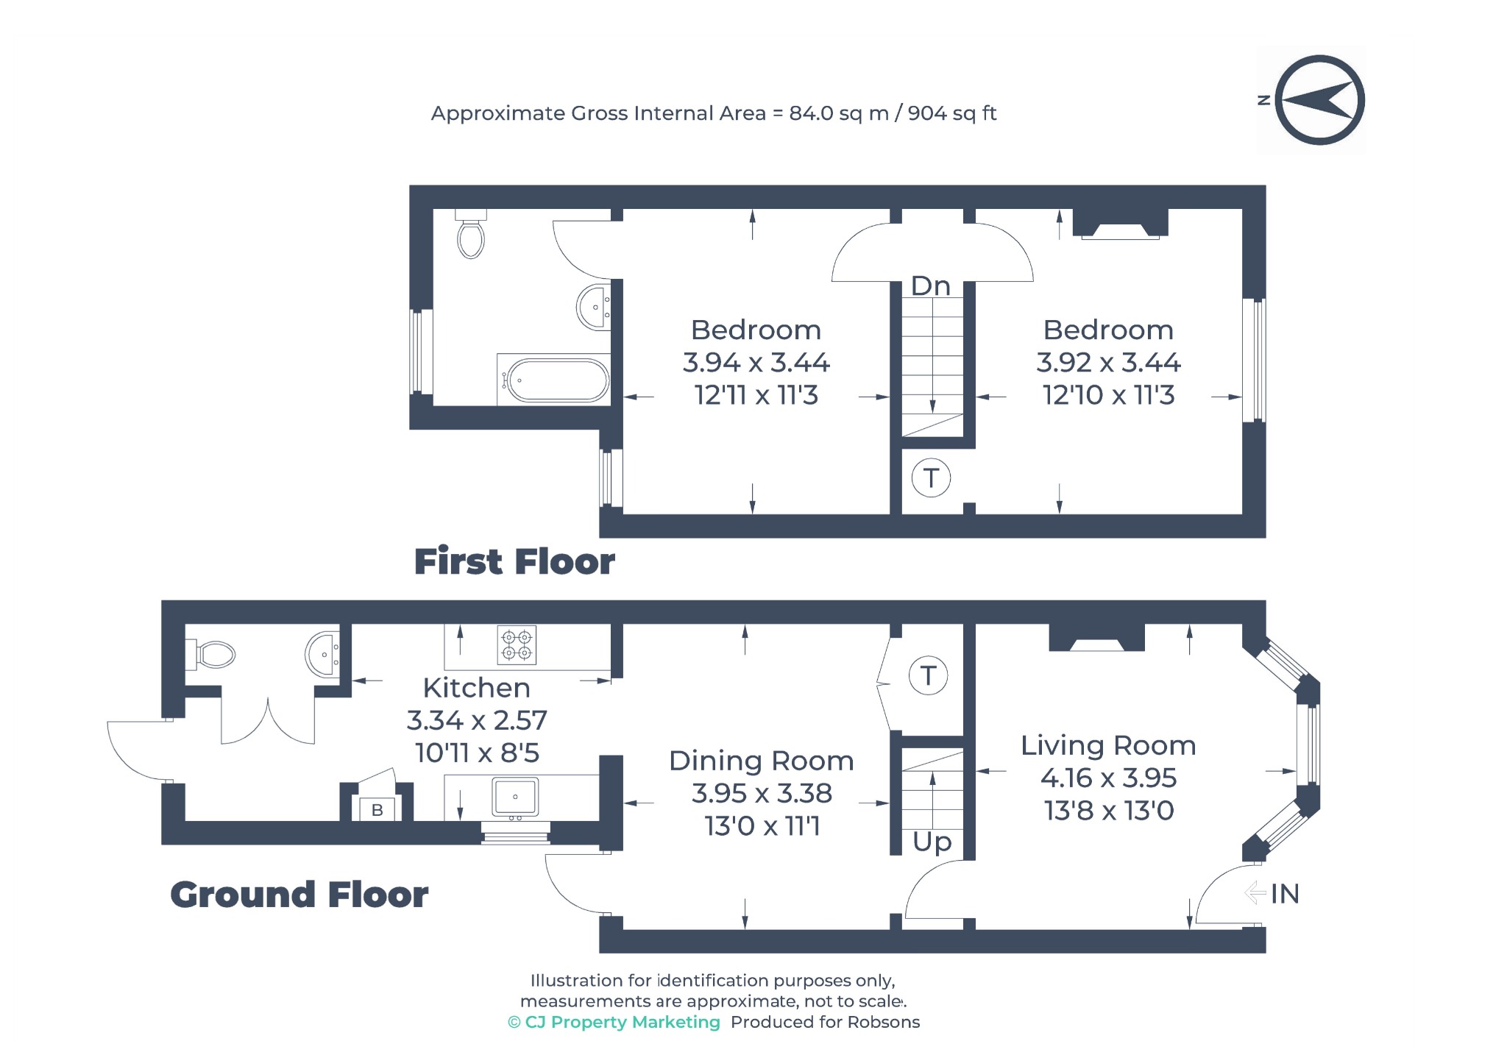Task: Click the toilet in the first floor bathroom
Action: [471, 234]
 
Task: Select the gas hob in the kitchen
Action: [517, 645]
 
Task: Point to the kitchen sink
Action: [516, 798]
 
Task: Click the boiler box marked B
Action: [377, 809]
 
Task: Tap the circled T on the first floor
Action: [931, 478]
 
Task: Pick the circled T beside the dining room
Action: [928, 675]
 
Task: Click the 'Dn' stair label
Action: [931, 285]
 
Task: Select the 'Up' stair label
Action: [932, 842]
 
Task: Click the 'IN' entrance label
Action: [1285, 894]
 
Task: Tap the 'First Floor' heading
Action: [514, 561]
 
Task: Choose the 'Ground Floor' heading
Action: [299, 895]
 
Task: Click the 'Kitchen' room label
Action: [476, 688]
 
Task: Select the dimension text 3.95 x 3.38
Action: [762, 793]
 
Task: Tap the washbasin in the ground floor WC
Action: [322, 653]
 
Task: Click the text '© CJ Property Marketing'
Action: [614, 1022]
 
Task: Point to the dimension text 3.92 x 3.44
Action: [1108, 362]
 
